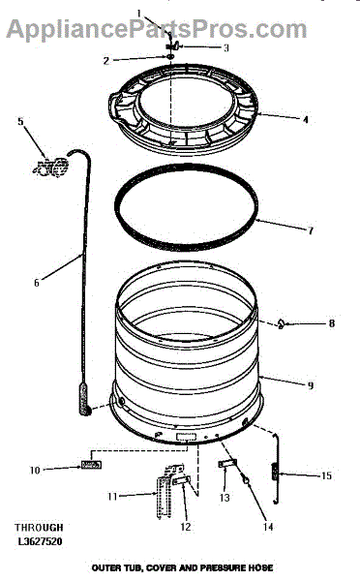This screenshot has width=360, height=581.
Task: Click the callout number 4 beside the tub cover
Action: [305, 120]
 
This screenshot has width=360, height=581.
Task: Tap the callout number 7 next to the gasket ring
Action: [311, 230]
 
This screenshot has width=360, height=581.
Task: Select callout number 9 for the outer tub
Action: [311, 385]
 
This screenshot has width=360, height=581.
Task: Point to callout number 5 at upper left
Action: [20, 121]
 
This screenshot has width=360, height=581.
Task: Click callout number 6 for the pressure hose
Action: [37, 283]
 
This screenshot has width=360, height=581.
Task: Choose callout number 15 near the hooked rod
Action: [326, 475]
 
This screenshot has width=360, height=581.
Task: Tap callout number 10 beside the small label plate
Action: [35, 471]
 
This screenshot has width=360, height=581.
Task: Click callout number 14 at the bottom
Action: [268, 526]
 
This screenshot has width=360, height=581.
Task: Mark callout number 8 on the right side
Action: [332, 323]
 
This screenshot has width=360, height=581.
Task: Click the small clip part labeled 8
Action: [281, 324]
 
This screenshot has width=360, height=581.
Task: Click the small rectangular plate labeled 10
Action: [91, 465]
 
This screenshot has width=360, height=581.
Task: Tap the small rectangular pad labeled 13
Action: [227, 463]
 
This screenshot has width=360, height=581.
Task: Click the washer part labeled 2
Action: [169, 56]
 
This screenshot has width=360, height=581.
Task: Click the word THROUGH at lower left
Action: [39, 528]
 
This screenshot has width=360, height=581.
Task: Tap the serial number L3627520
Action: [40, 541]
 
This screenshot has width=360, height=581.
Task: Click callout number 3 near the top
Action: [225, 47]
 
